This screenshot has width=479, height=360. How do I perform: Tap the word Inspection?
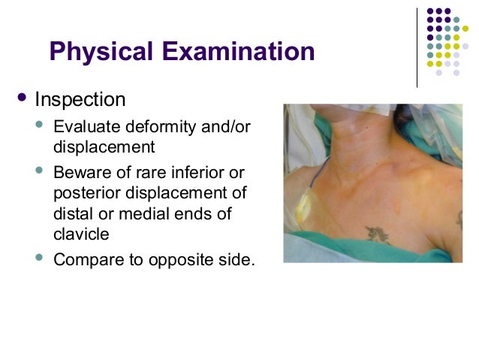(80, 100)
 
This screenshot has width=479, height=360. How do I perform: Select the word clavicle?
(81, 234)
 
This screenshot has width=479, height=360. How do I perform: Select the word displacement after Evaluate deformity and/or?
(104, 147)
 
